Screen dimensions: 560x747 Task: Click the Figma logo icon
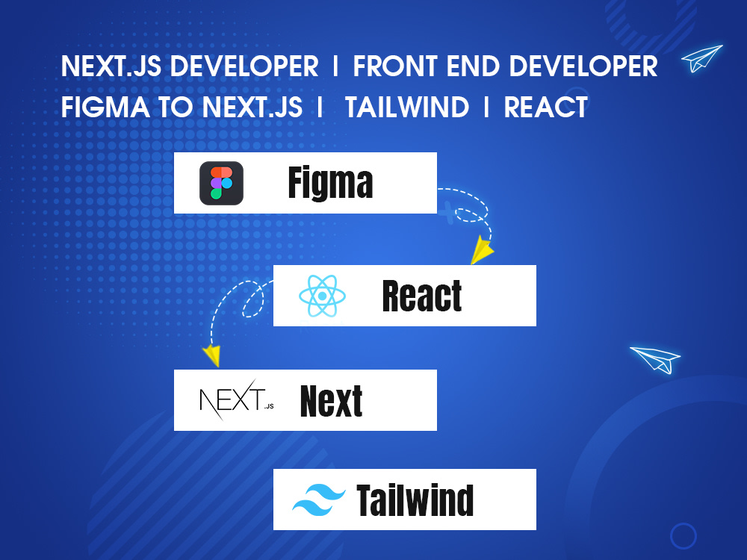tap(221, 184)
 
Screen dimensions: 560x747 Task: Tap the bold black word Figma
tap(330, 184)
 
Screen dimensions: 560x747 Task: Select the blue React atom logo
tap(322, 296)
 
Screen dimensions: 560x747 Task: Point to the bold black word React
tap(422, 296)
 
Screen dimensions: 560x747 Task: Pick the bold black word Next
tap(331, 401)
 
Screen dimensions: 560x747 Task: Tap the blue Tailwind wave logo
tap(319, 500)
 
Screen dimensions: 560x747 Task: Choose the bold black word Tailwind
tap(415, 500)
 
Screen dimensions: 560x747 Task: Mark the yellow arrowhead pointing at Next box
tap(213, 355)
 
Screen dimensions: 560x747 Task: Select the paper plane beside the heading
tap(702, 59)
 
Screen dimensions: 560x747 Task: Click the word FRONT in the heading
tap(396, 66)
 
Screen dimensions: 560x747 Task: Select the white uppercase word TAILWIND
tap(407, 108)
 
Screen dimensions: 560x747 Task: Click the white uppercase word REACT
tap(545, 108)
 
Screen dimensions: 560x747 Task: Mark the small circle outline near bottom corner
tap(683, 535)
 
